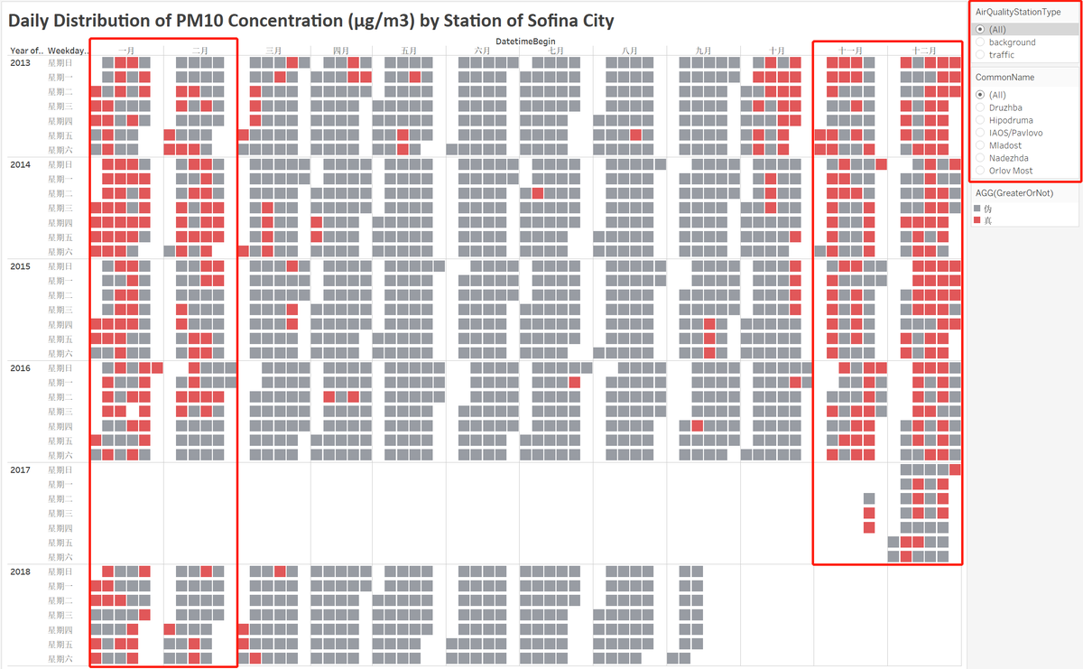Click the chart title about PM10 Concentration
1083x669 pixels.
click(x=311, y=20)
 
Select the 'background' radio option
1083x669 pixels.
click(x=980, y=42)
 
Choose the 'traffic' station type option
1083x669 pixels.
click(x=980, y=55)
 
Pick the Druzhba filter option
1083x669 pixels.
click(x=980, y=107)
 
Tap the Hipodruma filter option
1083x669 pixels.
click(x=980, y=120)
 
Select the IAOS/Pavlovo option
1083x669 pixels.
click(x=980, y=133)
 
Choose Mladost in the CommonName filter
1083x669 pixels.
click(x=980, y=145)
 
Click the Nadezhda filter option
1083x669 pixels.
click(x=980, y=158)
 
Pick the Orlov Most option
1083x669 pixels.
click(x=980, y=171)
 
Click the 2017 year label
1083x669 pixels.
click(x=20, y=470)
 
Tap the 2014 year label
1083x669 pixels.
click(x=20, y=165)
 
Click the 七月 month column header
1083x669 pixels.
click(x=555, y=51)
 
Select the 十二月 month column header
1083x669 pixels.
click(x=924, y=51)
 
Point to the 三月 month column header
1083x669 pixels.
click(x=273, y=51)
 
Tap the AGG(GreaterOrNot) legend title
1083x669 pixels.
click(x=1013, y=192)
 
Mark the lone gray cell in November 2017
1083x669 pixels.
click(x=869, y=498)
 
